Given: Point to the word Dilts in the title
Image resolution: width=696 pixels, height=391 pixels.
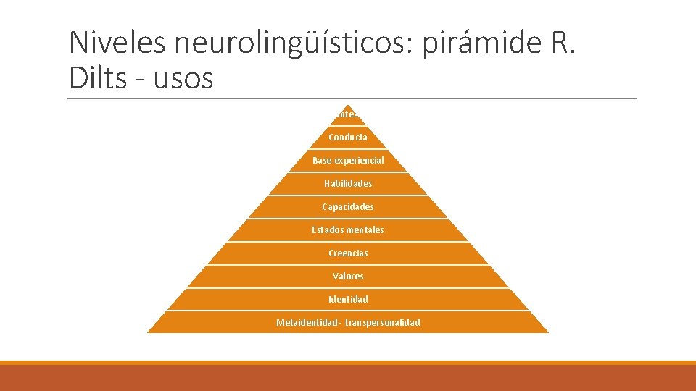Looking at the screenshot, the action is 98,78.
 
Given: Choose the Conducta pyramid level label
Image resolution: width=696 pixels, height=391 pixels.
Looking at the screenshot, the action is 348,137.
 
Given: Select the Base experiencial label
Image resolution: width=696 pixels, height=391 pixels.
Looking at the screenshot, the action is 348,160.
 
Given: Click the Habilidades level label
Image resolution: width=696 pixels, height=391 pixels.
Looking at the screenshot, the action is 348,183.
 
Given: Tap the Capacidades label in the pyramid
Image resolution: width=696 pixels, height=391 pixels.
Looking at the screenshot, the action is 348,206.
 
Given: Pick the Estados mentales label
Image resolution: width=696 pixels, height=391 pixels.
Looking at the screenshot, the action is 348,230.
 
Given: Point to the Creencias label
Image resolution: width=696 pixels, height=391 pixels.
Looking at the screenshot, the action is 348,253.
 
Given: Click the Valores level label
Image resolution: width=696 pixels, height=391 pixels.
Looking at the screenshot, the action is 348,276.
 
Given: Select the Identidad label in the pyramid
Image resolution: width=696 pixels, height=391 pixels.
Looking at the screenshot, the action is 348,299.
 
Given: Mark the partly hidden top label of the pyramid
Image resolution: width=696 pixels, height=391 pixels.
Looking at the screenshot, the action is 347,114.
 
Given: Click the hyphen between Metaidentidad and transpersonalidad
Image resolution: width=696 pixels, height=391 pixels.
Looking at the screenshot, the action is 339,322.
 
